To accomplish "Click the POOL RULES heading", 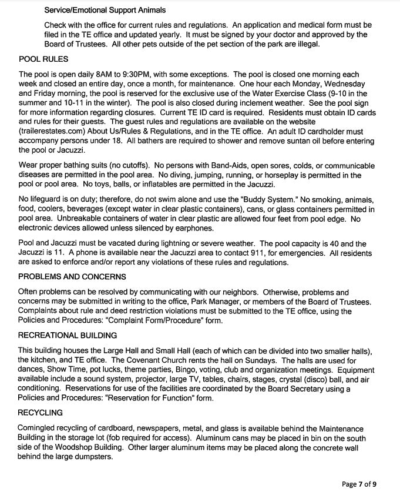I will coord(43,59).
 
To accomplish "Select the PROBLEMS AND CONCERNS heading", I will coord(72,276).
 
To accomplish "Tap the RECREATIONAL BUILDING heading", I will coord(68,335).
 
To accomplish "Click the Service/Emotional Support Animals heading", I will coord(105,10).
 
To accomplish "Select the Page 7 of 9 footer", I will coord(359,484).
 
